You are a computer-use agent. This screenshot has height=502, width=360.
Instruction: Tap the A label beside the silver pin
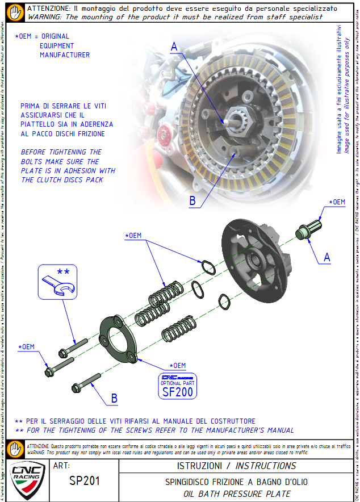tap(327, 257)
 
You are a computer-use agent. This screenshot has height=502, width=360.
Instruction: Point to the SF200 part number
tap(178, 392)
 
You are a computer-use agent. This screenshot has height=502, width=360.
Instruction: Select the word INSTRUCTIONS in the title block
tap(265, 466)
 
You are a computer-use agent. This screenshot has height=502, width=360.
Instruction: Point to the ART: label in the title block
tap(61, 465)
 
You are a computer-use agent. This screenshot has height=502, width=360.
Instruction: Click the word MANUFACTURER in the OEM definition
tap(64, 55)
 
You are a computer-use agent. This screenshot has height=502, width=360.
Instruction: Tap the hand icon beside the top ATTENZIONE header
tap(18, 12)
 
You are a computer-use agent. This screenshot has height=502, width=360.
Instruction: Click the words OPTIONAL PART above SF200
tap(178, 383)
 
